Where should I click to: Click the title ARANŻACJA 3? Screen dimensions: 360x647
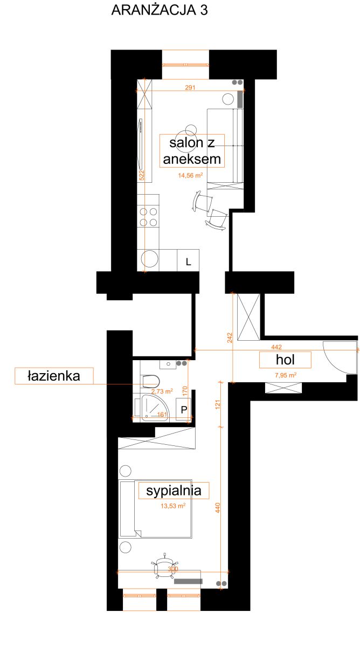tap(160, 10)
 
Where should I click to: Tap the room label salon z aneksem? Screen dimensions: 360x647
tap(192, 151)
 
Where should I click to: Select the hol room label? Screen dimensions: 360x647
tap(285, 360)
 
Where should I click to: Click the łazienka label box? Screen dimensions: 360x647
tap(54, 376)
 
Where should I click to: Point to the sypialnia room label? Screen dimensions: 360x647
tap(174, 491)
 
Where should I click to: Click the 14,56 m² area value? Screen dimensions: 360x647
tap(190, 175)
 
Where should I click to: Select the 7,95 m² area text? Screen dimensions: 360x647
tap(286, 375)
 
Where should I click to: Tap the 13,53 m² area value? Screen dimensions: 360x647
tap(173, 506)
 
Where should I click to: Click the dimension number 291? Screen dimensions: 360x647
tap(190, 87)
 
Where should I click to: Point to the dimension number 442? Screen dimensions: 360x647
tap(276, 347)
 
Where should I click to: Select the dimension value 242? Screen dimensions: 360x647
tap(230, 338)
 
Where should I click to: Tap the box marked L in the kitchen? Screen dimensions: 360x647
tap(188, 260)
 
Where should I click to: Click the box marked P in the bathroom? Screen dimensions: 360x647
tap(184, 409)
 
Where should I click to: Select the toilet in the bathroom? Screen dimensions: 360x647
tap(151, 381)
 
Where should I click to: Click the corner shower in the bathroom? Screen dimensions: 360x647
tap(154, 408)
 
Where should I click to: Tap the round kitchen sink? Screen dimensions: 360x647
tap(149, 259)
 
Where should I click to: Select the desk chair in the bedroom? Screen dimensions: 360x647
tap(164, 568)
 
